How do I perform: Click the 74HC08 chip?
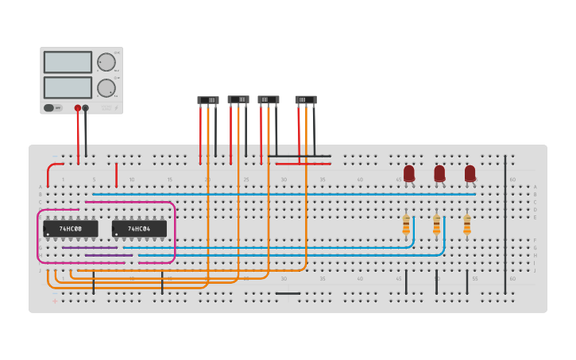pyautogui.click(x=71, y=229)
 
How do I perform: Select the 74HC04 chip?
pyautogui.click(x=139, y=229)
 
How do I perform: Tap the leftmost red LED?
pyautogui.click(x=409, y=173)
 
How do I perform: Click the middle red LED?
pyautogui.click(x=439, y=173)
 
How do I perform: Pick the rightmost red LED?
pyautogui.click(x=470, y=173)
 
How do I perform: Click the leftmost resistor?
pyautogui.click(x=406, y=226)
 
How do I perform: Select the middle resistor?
pyautogui.click(x=436, y=226)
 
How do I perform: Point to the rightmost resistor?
pyautogui.click(x=466, y=226)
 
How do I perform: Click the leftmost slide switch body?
pyautogui.click(x=208, y=100)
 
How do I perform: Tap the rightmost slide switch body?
pyautogui.click(x=306, y=100)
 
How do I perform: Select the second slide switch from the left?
pyautogui.click(x=238, y=100)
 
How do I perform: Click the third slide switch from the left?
pyautogui.click(x=269, y=100)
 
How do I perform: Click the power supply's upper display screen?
pyautogui.click(x=68, y=62)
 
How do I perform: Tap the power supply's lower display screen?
pyautogui.click(x=68, y=87)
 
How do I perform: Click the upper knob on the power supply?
pyautogui.click(x=106, y=62)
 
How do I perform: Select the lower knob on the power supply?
pyautogui.click(x=106, y=87)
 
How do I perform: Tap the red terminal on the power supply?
pyautogui.click(x=78, y=108)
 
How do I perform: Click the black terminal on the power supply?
pyautogui.click(x=86, y=108)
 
